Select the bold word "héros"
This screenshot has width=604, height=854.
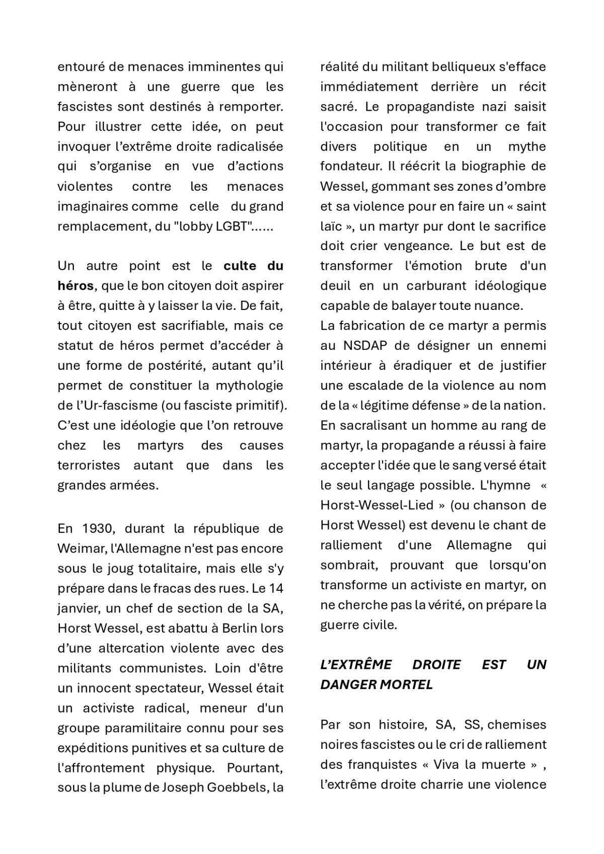click(75, 286)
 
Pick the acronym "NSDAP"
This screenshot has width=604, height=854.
click(364, 346)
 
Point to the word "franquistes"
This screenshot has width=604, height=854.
click(382, 764)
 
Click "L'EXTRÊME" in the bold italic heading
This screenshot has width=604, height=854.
click(356, 665)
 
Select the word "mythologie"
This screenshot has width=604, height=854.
click(250, 385)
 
